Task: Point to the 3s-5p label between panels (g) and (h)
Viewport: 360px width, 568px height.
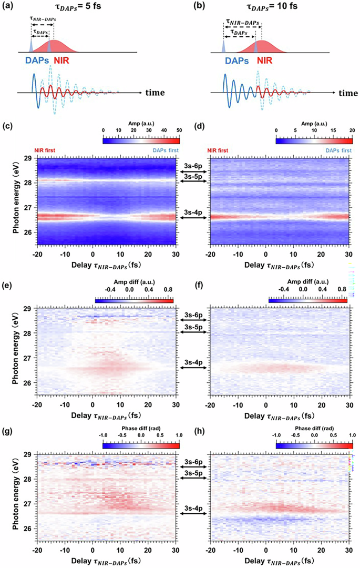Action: (x=192, y=472)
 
